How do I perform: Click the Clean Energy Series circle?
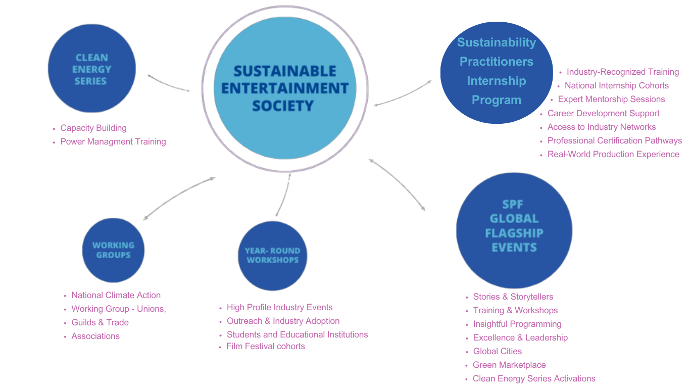tap(92, 69)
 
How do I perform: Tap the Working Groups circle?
tap(113, 250)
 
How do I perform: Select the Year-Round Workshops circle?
tap(272, 256)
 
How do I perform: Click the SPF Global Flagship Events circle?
tap(514, 230)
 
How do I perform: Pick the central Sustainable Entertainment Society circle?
tap(285, 88)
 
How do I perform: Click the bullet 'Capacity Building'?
tap(93, 128)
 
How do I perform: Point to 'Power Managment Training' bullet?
tap(113, 142)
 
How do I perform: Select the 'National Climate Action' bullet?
tap(116, 296)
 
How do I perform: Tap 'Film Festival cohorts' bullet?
tap(266, 347)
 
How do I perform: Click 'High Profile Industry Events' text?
tap(279, 308)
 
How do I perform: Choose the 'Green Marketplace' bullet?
tap(509, 365)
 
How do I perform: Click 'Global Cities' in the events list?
tap(498, 352)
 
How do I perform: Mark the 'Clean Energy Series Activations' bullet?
tap(534, 379)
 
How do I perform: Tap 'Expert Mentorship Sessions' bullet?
tap(611, 100)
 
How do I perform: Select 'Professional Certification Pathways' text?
tap(615, 141)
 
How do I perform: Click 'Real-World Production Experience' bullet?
tap(613, 155)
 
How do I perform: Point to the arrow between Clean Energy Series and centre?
tap(168, 83)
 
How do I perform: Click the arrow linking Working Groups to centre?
tap(179, 198)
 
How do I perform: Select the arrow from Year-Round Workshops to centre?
tap(283, 195)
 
